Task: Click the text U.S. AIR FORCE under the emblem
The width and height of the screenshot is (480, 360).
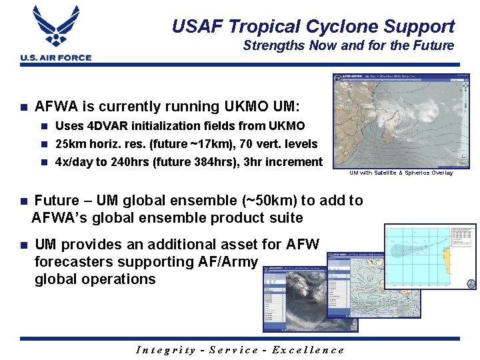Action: click(x=56, y=58)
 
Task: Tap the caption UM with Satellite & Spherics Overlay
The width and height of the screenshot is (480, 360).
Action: click(x=401, y=173)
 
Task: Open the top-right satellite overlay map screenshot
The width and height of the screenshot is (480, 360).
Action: click(x=397, y=121)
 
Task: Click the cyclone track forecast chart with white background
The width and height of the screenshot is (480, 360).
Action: click(x=430, y=257)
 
